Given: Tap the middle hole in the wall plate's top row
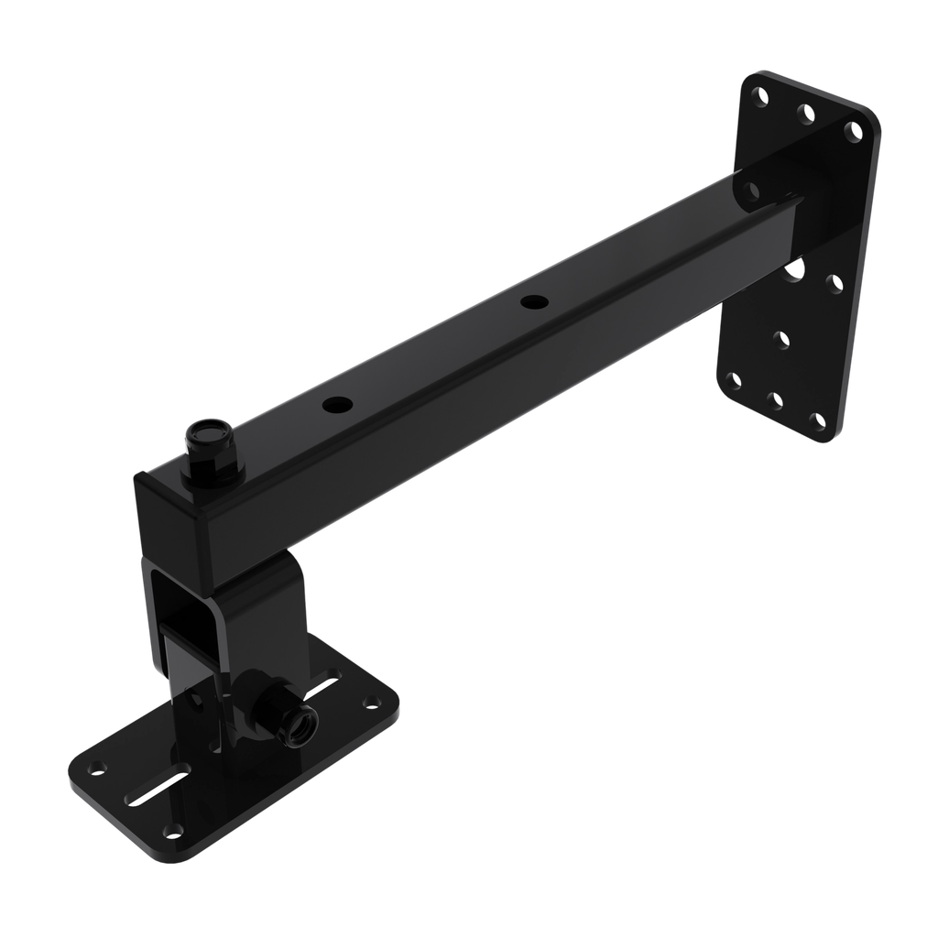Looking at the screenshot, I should click(806, 114).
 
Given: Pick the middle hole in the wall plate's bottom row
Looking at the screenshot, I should click(772, 400).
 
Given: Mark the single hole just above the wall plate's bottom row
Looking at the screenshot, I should click(781, 339).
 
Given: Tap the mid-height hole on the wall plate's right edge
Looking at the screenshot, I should click(834, 283).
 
